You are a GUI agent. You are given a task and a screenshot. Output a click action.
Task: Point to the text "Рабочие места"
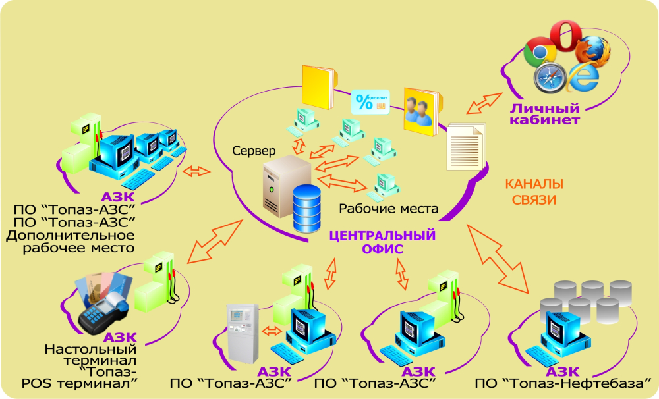pos(389,209)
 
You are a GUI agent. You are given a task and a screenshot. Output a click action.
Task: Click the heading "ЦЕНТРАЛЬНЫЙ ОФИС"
pos(382,241)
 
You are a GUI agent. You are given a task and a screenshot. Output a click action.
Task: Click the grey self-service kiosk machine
pos(242,332)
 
